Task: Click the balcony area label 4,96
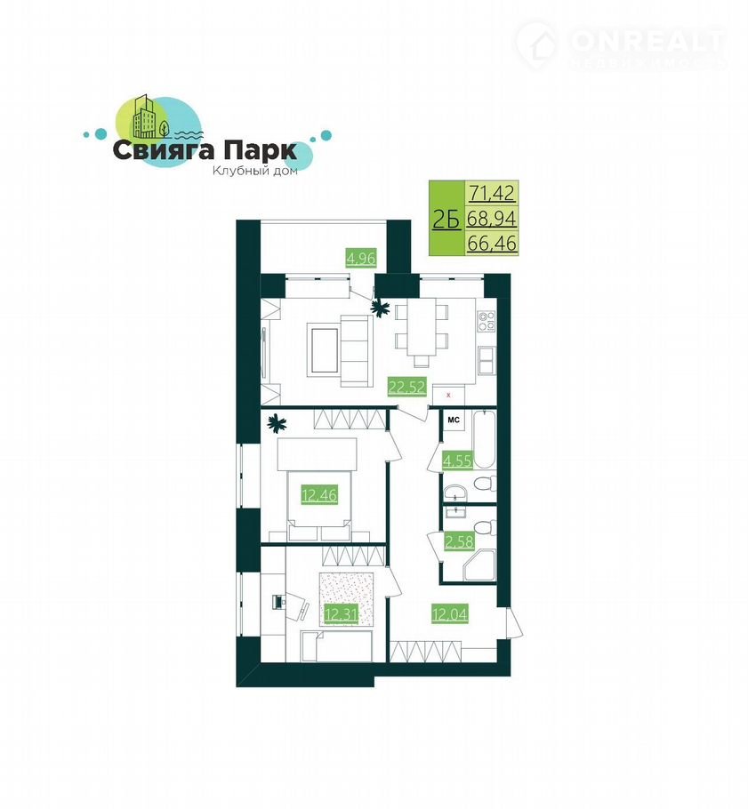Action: tap(361, 258)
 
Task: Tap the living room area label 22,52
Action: tap(407, 386)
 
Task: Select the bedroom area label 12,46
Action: tap(319, 495)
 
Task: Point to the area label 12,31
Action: tap(342, 614)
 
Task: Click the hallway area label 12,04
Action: tap(450, 614)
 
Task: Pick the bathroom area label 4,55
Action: tap(457, 460)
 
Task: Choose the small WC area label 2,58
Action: tap(459, 541)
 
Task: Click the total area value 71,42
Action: tap(492, 193)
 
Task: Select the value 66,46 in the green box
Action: tap(492, 243)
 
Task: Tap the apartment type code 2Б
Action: tap(446, 220)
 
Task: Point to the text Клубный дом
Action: tap(255, 171)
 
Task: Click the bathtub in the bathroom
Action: tap(484, 439)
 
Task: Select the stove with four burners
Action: tap(486, 321)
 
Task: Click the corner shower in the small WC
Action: tap(479, 566)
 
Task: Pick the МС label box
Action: tap(454, 421)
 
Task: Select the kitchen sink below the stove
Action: tap(486, 360)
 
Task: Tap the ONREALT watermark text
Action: tap(647, 42)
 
